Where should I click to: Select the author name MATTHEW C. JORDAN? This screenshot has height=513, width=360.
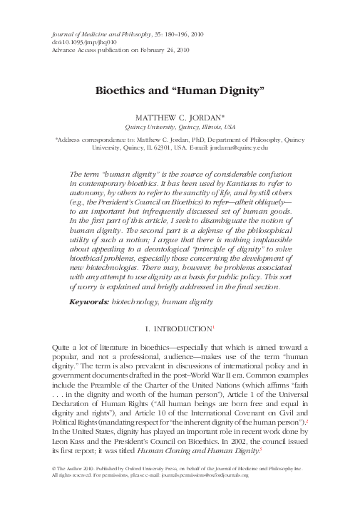180,116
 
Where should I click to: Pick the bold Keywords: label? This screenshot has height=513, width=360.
88,322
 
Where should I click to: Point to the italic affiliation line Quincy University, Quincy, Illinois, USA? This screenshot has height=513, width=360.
180,126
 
